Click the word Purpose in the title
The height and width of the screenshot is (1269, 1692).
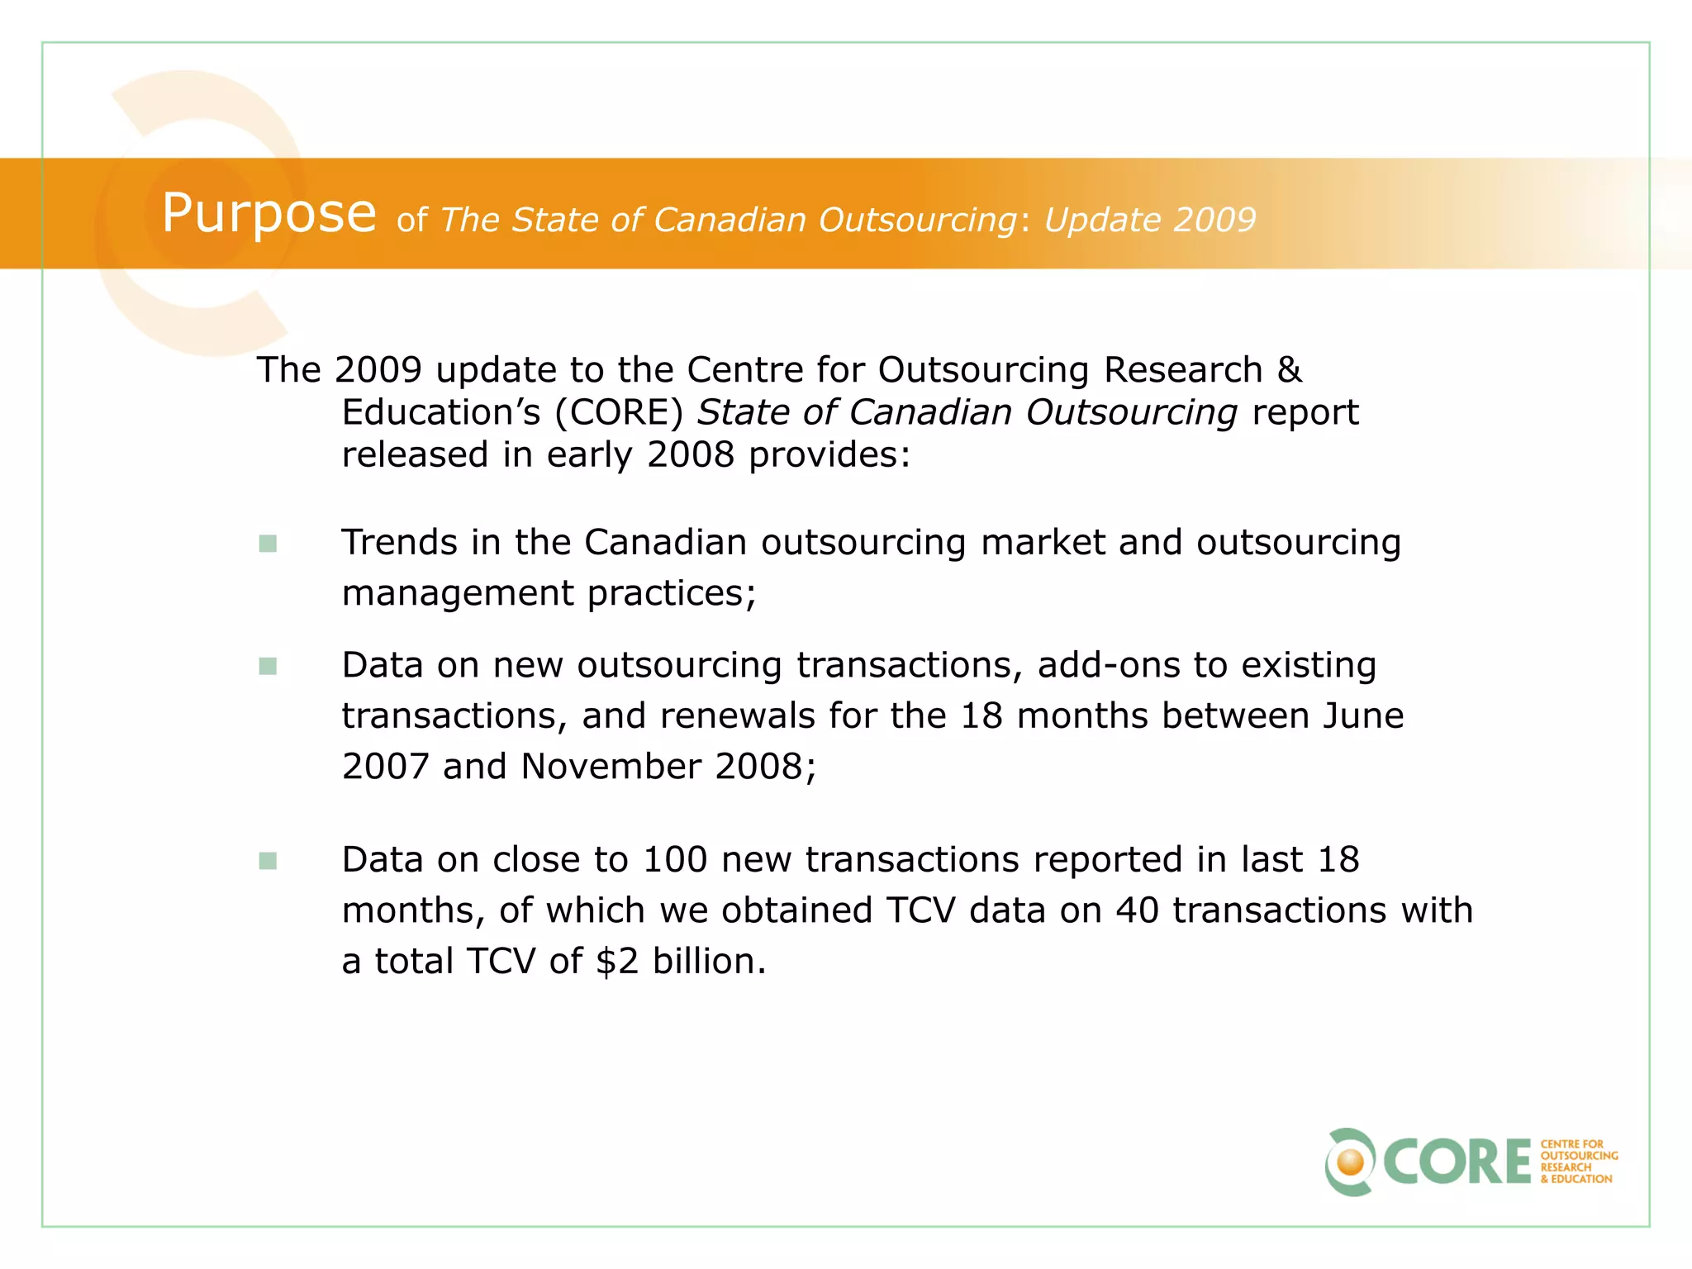point(269,213)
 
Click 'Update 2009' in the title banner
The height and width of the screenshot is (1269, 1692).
point(1149,220)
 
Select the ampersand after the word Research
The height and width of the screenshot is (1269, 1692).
point(1289,369)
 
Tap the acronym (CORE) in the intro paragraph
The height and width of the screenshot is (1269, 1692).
point(619,412)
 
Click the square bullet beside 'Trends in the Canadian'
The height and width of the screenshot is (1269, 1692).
point(268,544)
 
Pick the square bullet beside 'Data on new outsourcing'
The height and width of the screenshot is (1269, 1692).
point(268,666)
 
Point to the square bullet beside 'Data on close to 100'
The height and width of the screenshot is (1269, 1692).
point(268,861)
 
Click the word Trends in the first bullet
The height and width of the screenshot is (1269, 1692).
point(400,543)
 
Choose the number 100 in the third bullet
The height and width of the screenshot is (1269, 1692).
point(674,860)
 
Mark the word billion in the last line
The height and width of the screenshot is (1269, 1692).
point(709,961)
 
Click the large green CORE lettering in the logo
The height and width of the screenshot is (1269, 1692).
point(1457,1162)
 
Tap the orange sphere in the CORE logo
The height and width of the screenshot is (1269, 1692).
point(1352,1162)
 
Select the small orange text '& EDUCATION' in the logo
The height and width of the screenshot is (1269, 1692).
point(1576,1179)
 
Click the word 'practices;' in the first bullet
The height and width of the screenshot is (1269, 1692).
point(672,594)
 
